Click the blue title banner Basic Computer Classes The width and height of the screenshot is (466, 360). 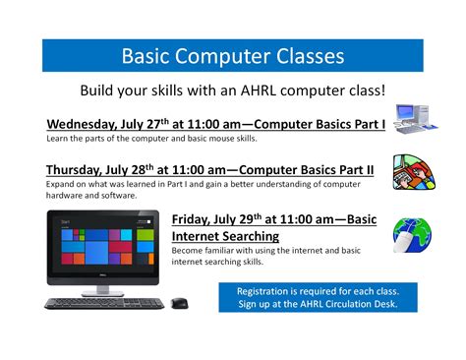click(x=232, y=56)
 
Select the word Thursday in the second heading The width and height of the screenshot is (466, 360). click(x=76, y=169)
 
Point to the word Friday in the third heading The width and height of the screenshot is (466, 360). click(x=193, y=218)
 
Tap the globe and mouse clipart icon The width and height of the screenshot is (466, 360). click(x=410, y=237)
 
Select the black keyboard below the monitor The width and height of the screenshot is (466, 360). click(x=104, y=302)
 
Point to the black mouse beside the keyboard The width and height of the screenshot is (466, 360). click(x=180, y=302)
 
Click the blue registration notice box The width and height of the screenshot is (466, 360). click(x=317, y=297)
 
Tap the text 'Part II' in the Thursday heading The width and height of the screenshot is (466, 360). click(x=350, y=169)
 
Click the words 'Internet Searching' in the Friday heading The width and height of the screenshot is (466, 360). click(x=225, y=236)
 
